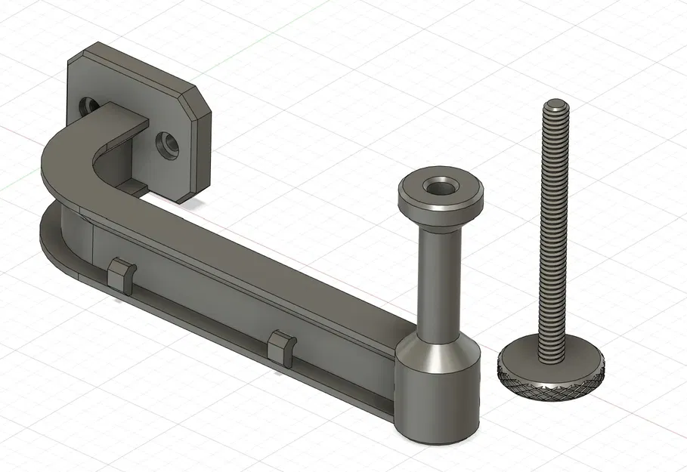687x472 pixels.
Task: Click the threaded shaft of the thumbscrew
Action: click(x=554, y=227)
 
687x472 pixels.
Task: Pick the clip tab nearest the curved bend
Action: click(x=122, y=274)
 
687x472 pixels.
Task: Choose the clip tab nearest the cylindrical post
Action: click(x=281, y=347)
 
